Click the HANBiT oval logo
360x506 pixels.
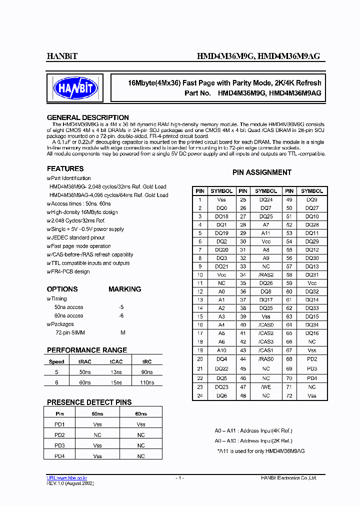click(x=75, y=88)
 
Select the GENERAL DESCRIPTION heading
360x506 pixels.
click(x=87, y=117)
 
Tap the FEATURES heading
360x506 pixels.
click(x=65, y=168)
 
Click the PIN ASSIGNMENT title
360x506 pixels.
click(x=261, y=172)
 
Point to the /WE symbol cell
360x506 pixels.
click(x=266, y=387)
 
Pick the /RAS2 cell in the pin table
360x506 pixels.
click(x=266, y=275)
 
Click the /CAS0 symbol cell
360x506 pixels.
click(x=266, y=325)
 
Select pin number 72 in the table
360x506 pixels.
click(x=289, y=395)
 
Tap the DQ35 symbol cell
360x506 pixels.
click(x=266, y=308)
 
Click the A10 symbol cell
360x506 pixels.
click(x=221, y=350)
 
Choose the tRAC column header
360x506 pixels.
click(x=85, y=361)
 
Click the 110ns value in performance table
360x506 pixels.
click(x=147, y=382)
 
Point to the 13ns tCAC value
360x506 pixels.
click(x=115, y=372)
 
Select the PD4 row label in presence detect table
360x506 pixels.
click(x=59, y=456)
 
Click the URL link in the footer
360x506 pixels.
click(x=67, y=478)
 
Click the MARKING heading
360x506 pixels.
click(x=124, y=289)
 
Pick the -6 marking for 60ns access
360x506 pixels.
click(x=121, y=316)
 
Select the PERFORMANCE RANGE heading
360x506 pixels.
click(x=86, y=350)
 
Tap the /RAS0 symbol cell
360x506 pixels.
click(x=266, y=359)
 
